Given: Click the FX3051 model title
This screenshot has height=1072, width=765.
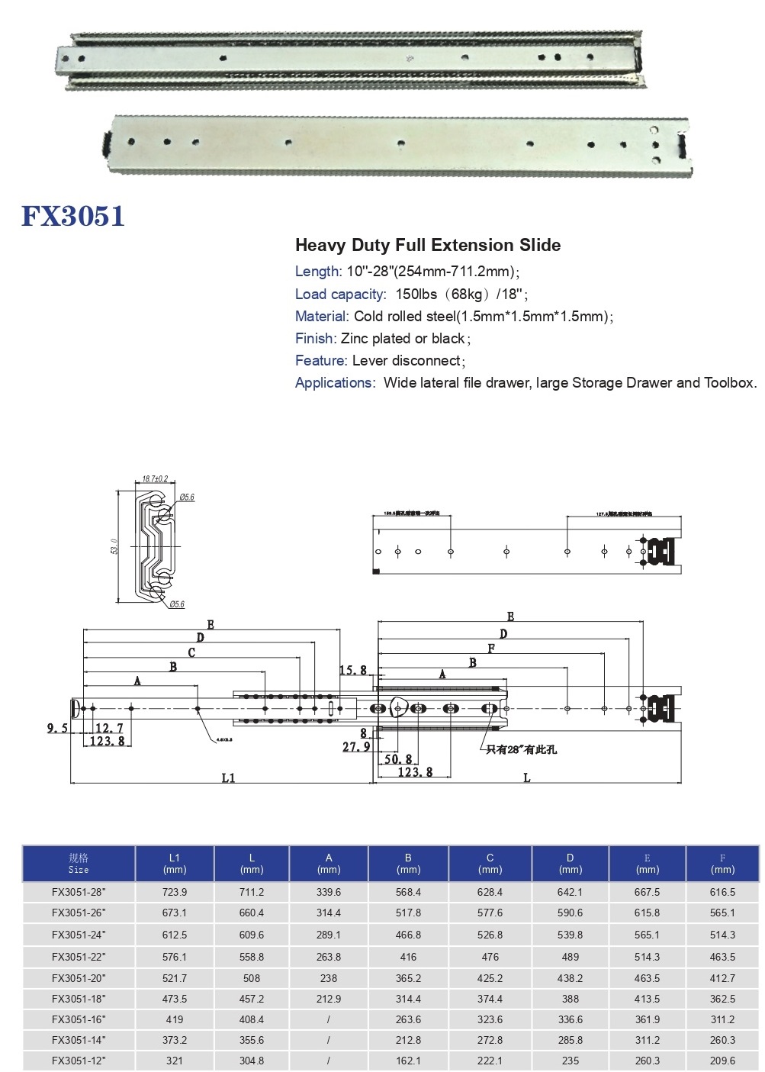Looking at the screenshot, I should click(x=73, y=216).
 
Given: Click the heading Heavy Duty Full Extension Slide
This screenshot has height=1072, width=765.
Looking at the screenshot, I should click(x=427, y=245).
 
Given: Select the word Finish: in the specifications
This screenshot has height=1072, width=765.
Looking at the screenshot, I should click(x=316, y=338).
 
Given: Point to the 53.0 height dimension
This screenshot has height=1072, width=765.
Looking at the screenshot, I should click(x=114, y=546).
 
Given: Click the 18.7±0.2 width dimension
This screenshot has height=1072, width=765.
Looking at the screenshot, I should click(x=154, y=479).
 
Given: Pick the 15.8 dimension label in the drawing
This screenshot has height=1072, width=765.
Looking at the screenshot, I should click(x=352, y=670).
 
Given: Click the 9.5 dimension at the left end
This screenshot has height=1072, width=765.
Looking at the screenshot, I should click(x=57, y=728).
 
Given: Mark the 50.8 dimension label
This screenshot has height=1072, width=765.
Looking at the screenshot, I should click(x=398, y=759).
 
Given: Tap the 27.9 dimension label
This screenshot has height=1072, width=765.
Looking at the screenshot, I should click(x=356, y=747).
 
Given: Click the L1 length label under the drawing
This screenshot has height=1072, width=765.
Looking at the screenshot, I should click(x=228, y=777).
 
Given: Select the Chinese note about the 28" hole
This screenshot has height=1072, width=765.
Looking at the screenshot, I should click(x=522, y=749).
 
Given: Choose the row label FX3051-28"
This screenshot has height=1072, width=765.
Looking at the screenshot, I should click(x=79, y=891).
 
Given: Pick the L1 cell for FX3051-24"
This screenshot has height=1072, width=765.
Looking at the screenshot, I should click(x=175, y=935).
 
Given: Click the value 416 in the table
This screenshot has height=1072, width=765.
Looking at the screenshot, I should click(x=408, y=956).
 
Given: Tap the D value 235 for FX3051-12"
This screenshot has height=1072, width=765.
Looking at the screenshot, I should click(x=570, y=1061).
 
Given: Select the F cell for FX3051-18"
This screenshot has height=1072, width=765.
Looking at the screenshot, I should click(x=722, y=999).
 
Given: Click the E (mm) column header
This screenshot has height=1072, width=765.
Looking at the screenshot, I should click(x=647, y=863).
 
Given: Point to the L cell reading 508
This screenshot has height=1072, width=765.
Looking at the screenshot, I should click(x=252, y=978).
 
